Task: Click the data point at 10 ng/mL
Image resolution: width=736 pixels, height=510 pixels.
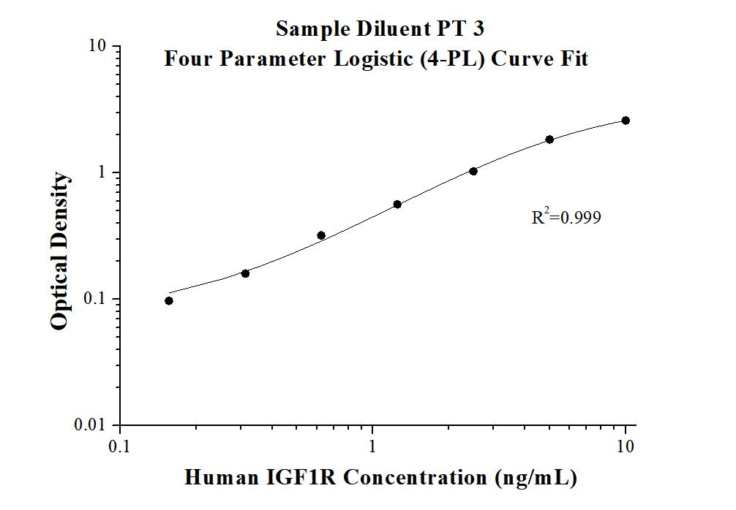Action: [x=626, y=121]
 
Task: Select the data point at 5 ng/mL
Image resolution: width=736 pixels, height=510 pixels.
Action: [x=549, y=140]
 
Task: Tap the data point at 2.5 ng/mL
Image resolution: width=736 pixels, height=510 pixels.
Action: [x=473, y=171]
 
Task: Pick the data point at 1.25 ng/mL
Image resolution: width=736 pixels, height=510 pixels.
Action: [x=397, y=205]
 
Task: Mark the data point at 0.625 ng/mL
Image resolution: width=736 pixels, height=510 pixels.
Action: [x=321, y=235]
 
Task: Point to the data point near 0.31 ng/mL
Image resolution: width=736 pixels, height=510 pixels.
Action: [x=245, y=273]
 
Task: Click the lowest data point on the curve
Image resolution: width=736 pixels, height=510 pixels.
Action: [x=169, y=300]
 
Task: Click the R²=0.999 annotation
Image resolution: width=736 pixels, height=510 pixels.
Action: [x=566, y=217]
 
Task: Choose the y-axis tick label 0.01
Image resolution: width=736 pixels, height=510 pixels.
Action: [x=92, y=425]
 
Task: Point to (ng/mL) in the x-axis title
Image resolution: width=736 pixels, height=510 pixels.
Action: [x=536, y=478]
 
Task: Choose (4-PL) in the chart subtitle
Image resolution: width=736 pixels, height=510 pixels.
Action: [x=457, y=58]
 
